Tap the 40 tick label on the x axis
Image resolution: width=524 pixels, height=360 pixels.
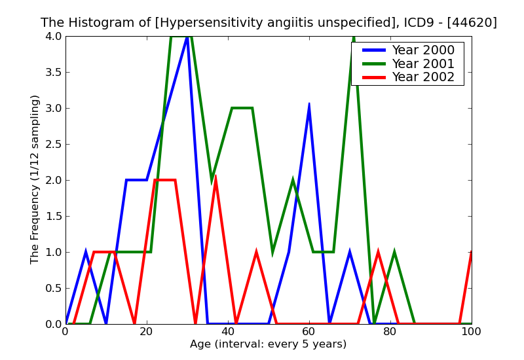click(228, 332)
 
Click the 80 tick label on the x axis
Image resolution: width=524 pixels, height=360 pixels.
click(390, 332)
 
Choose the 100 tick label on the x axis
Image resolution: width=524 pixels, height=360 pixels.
click(471, 332)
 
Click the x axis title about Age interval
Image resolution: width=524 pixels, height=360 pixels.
click(268, 344)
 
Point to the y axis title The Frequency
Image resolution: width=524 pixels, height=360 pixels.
click(35, 179)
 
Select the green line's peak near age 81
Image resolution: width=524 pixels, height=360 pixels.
click(394, 253)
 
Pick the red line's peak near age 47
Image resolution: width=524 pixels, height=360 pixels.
click(256, 253)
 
